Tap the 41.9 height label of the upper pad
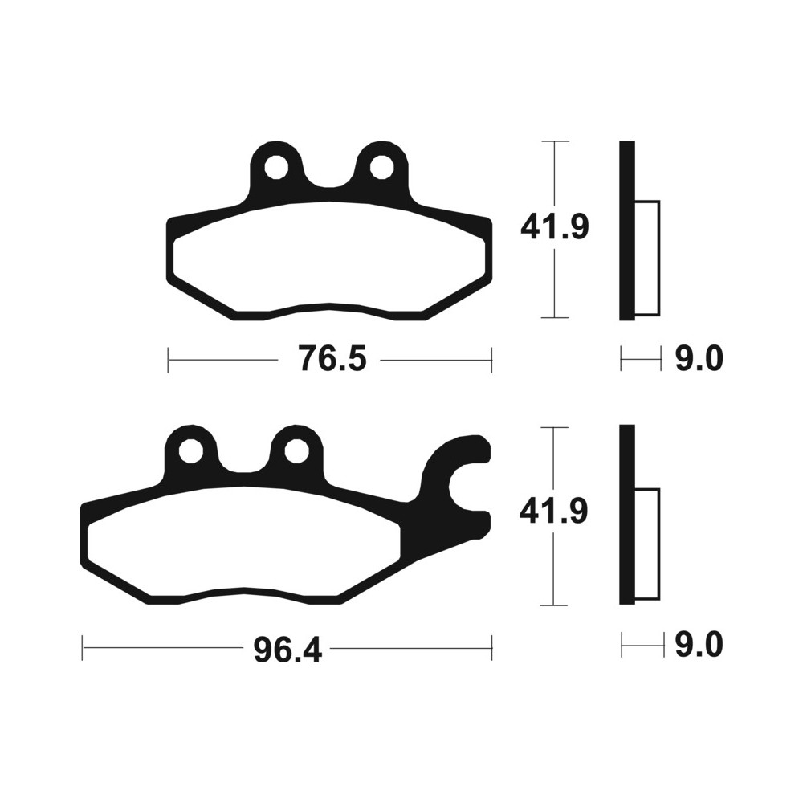pos(555,227)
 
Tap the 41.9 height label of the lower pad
pos(553,512)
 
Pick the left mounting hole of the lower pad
pos(191,451)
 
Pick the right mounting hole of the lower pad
pos(296,451)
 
